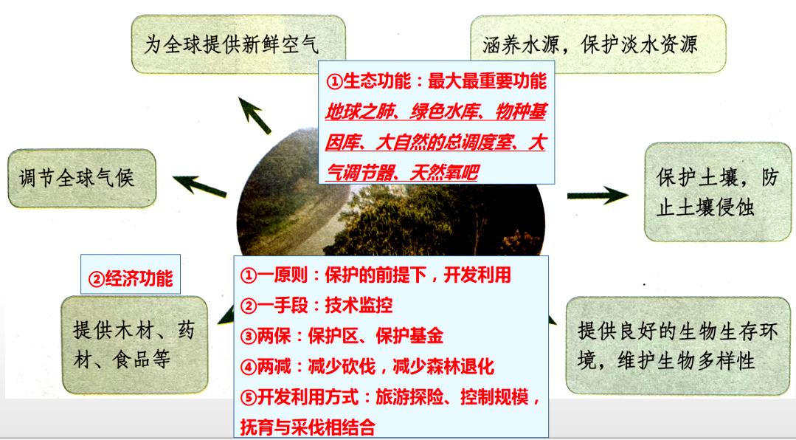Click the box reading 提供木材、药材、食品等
coord(134,344)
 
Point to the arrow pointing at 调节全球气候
coord(200,185)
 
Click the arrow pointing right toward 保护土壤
coord(597,196)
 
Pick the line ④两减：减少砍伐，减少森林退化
coord(367,366)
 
